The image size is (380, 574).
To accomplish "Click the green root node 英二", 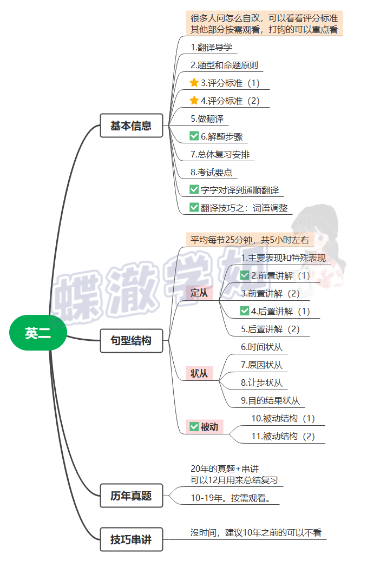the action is [x=38, y=333].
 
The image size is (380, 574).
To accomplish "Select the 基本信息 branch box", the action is [x=131, y=126].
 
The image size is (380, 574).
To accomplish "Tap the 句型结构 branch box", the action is [x=131, y=341].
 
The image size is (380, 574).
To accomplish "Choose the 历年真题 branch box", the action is [x=131, y=496].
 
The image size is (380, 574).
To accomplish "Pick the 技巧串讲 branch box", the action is [x=131, y=539].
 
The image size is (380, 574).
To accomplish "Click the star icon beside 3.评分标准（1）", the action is [x=194, y=83].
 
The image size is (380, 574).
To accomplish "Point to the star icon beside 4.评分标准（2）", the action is [x=194, y=101].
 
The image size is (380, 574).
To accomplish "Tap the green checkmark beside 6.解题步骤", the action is [x=194, y=136].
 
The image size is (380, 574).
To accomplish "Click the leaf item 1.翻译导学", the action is [x=211, y=47].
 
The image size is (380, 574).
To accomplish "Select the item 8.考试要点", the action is [x=211, y=172].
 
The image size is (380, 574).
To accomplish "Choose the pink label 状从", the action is [x=199, y=373].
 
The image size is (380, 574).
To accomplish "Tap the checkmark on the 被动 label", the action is [x=194, y=427].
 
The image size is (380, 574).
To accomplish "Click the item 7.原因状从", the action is [x=261, y=365].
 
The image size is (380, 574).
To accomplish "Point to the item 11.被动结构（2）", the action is [x=283, y=436].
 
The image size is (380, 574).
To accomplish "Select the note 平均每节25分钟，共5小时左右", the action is [x=250, y=240].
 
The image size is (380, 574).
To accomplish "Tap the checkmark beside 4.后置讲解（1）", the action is [x=245, y=311].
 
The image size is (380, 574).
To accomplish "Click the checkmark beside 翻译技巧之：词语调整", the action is [x=194, y=207].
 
